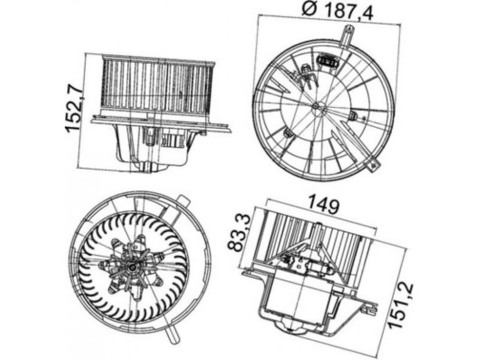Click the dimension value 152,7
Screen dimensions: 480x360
(74, 110)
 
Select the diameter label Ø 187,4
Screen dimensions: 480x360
(338, 11)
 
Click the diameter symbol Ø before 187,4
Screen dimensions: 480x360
(309, 10)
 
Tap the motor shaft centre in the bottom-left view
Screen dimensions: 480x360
(132, 268)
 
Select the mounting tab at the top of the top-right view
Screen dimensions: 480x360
(349, 36)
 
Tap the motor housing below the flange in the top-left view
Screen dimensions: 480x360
(152, 145)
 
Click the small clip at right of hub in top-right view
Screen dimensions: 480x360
(353, 116)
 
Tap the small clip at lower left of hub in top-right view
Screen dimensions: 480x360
(287, 133)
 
